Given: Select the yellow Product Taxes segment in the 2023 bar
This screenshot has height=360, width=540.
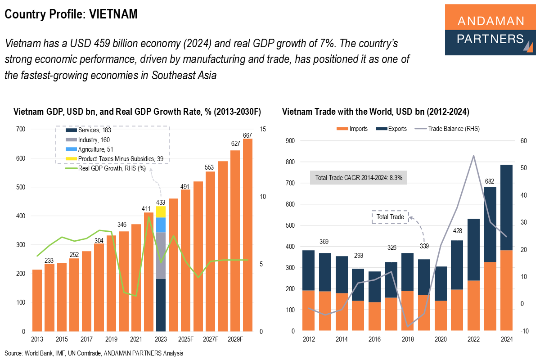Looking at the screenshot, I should pyautogui.click(x=161, y=212).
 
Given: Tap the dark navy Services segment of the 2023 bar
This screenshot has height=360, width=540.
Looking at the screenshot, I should pyautogui.click(x=161, y=305).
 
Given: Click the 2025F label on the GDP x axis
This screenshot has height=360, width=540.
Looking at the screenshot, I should pyautogui.click(x=185, y=339).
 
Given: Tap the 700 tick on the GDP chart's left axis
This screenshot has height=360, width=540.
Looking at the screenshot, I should pyautogui.click(x=21, y=130).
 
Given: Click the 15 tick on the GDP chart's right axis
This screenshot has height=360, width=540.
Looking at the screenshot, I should pyautogui.click(x=263, y=130).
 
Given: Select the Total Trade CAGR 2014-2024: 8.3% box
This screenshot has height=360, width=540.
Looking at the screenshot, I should pyautogui.click(x=359, y=177).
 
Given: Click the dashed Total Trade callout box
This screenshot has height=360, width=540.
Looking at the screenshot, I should pyautogui.click(x=390, y=217).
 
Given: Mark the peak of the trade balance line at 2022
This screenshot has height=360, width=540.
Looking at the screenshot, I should pyautogui.click(x=473, y=156).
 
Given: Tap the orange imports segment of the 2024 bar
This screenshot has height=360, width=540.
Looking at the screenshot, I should pyautogui.click(x=506, y=290).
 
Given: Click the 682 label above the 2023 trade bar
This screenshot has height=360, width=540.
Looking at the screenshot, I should pyautogui.click(x=490, y=181).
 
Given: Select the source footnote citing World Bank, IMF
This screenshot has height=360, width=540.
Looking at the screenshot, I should pyautogui.click(x=94, y=353).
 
